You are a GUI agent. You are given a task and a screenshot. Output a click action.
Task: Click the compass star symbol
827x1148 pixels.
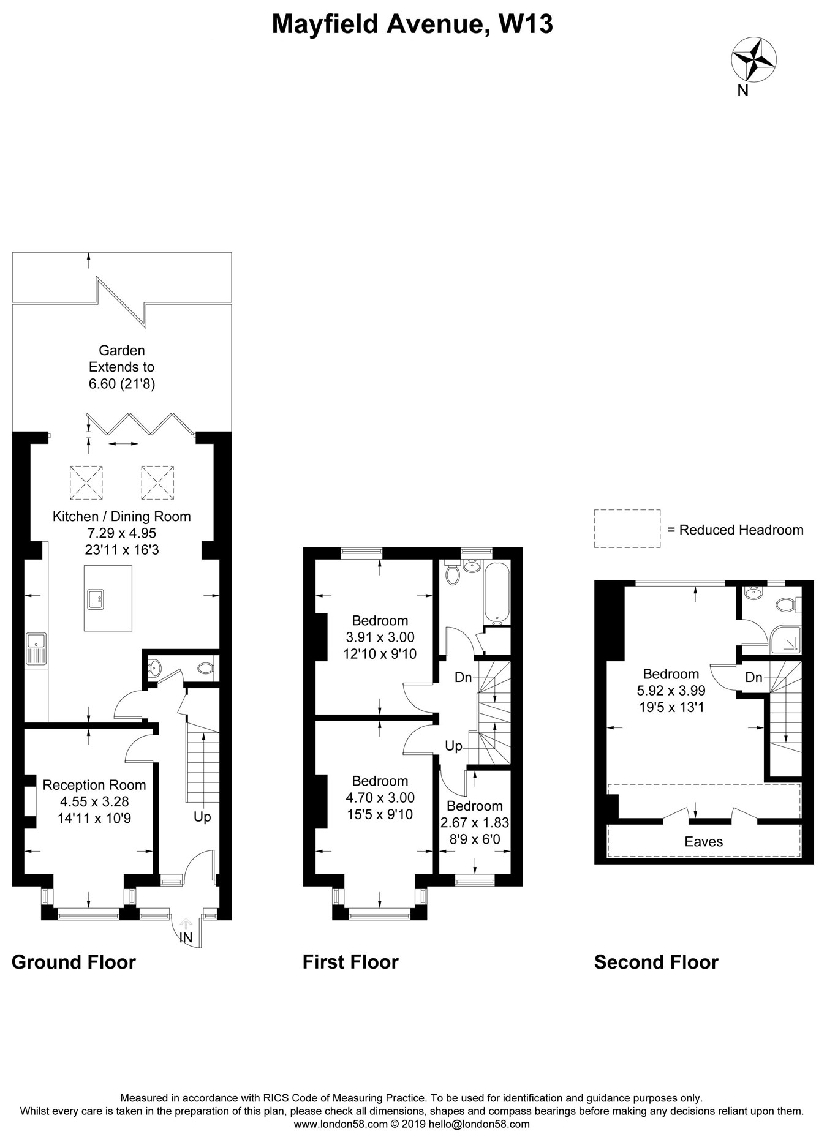tap(754, 59)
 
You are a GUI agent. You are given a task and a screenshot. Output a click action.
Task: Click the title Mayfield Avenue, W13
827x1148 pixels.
tap(412, 24)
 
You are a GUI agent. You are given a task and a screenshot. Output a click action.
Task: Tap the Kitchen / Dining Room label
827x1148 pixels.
tap(121, 516)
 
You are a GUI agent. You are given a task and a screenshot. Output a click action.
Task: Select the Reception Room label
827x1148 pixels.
tap(94, 785)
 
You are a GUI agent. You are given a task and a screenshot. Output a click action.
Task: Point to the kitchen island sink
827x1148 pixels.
tap(96, 599)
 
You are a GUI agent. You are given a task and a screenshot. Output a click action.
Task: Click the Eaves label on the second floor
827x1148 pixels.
tap(703, 841)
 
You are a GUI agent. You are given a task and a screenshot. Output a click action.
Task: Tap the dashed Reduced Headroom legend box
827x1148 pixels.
tap(627, 528)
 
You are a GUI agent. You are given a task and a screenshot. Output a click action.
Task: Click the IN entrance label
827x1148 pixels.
tap(186, 937)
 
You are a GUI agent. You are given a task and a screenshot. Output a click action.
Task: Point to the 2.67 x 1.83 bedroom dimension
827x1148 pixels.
tap(475, 822)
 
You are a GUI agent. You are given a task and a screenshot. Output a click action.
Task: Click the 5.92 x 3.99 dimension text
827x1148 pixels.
tap(671, 691)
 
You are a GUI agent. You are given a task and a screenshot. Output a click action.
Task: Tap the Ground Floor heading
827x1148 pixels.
tap(74, 962)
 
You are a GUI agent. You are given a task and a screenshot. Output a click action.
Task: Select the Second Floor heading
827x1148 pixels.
tap(656, 962)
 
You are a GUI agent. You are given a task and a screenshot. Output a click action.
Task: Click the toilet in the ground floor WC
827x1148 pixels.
tap(205, 669)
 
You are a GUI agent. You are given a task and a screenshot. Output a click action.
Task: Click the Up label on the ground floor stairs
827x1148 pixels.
tap(202, 817)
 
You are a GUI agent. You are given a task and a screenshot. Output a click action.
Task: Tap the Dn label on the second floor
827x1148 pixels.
tap(753, 677)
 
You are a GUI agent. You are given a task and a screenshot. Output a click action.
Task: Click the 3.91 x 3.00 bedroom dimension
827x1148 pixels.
tap(380, 637)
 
